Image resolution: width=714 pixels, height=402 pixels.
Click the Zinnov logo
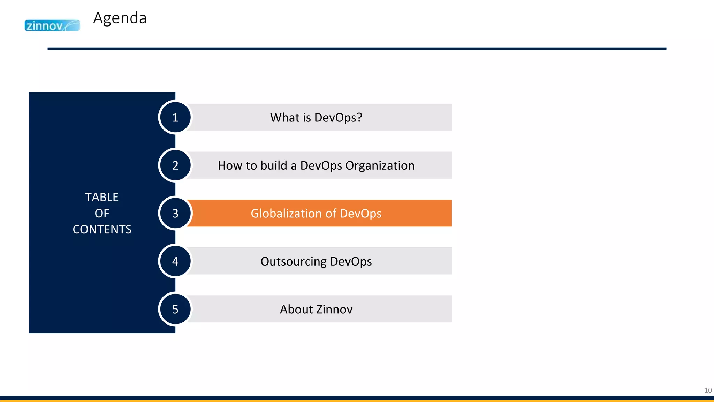pos(52,25)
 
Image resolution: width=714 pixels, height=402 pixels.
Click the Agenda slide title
pos(120,18)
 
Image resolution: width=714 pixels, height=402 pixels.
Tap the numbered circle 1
pos(175,117)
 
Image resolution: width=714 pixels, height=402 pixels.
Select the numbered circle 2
pos(175,165)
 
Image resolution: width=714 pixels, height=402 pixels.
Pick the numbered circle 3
pos(175,213)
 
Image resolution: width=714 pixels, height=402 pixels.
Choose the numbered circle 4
pos(175,261)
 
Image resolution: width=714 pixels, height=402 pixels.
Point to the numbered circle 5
pos(175,309)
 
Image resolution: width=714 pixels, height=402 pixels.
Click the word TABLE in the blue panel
pos(102,197)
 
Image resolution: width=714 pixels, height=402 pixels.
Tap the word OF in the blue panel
pos(102,213)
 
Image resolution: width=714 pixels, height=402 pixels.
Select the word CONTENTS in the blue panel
pos(102,229)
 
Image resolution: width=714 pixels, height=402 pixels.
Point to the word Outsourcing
pos(293,261)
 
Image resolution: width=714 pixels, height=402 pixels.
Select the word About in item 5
pos(296,310)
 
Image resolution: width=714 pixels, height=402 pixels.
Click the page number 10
pos(708,390)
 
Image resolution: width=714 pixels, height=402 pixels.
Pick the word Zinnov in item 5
pos(334,310)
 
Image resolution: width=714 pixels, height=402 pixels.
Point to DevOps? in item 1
pos(338,118)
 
